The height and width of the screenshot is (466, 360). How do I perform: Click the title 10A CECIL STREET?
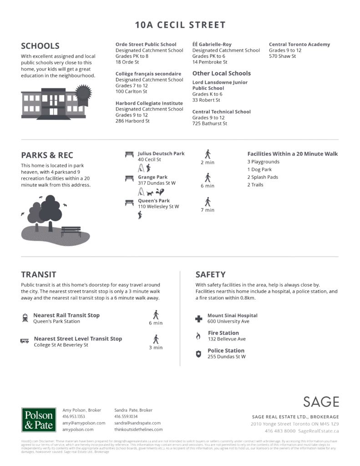(x=180, y=25)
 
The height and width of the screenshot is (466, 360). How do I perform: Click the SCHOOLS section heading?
(x=40, y=46)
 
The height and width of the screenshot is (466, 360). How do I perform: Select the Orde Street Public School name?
(x=146, y=45)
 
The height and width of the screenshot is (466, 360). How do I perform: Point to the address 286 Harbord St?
(x=133, y=121)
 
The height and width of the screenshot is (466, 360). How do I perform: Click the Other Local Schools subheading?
(x=221, y=73)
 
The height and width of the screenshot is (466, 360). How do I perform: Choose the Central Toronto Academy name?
(x=299, y=45)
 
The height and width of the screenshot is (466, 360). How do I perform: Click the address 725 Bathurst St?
(x=209, y=123)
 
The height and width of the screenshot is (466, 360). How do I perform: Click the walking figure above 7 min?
(x=208, y=201)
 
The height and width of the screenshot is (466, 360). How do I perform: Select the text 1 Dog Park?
(x=259, y=170)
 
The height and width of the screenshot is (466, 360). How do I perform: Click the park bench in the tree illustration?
(x=71, y=230)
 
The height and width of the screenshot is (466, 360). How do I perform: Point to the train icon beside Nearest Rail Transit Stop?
(x=25, y=318)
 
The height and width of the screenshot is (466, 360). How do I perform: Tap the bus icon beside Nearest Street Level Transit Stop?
(x=25, y=341)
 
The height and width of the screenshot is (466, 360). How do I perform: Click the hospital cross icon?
(x=198, y=319)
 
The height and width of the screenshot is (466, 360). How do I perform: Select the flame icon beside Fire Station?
(x=198, y=336)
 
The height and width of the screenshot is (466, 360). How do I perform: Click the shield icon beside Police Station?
(x=198, y=354)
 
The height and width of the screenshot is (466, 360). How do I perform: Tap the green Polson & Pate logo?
(x=39, y=419)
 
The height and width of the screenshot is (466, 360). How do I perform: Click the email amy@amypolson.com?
(x=83, y=423)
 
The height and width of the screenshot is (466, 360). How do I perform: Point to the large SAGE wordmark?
(x=321, y=402)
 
